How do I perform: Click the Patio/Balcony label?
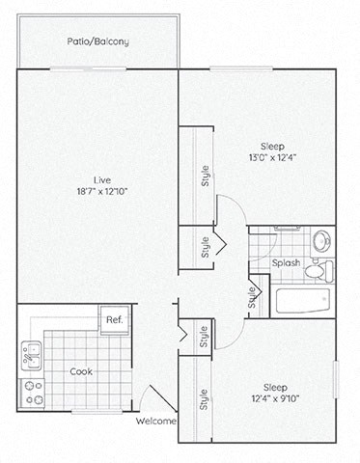pos(97,41)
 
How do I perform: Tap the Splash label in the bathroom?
pos(285,262)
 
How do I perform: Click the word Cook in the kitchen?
pos(81,370)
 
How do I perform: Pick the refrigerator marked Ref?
pos(114,319)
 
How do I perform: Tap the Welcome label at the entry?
pos(156,421)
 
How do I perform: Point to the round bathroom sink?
pos(320,239)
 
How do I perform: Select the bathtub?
pos(304,300)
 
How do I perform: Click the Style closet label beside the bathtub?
pos(253,298)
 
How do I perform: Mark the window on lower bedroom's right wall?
pos(335,377)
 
